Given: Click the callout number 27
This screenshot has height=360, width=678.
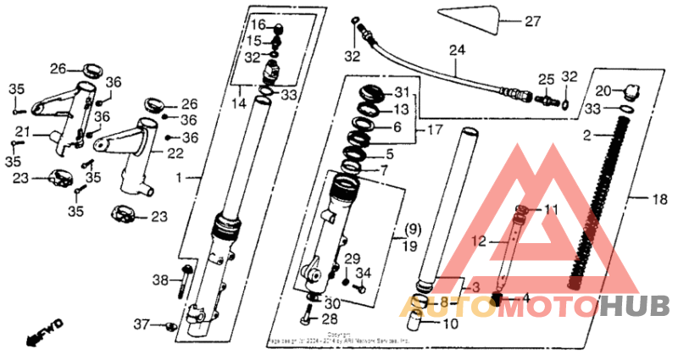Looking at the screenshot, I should (x=531, y=21).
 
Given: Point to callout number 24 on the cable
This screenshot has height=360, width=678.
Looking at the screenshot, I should (x=458, y=50).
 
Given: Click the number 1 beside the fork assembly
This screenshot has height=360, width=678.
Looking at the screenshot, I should (x=179, y=178).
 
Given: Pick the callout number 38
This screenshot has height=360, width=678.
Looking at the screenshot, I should (x=160, y=280).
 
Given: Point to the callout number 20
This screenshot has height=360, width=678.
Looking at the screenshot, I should (x=603, y=91).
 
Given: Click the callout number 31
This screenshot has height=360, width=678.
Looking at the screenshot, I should (x=401, y=92).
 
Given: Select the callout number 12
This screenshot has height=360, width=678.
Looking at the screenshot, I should (x=478, y=241).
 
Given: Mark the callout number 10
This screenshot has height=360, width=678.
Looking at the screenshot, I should (x=450, y=323).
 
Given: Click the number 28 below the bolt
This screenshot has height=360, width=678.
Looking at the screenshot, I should (x=329, y=318).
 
